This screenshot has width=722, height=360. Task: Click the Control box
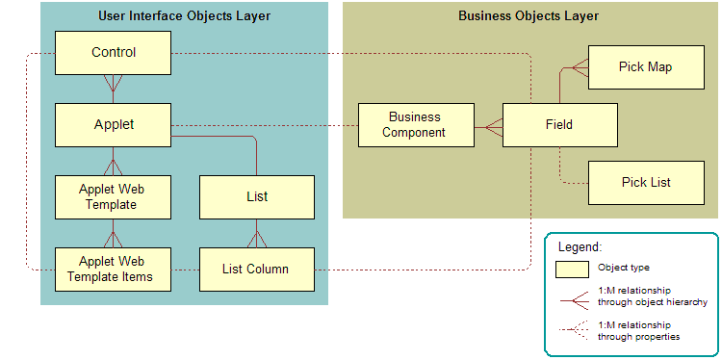click(113, 53)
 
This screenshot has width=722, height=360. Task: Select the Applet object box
click(113, 125)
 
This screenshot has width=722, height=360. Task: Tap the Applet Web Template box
click(113, 197)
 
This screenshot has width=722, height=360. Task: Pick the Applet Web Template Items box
click(113, 270)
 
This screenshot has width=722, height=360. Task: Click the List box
click(256, 197)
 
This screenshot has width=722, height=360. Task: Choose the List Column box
click(256, 270)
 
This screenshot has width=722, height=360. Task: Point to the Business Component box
click(415, 125)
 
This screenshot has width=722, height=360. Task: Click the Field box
click(558, 125)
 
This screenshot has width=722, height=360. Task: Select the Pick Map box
click(645, 67)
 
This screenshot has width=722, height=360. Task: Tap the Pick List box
click(645, 182)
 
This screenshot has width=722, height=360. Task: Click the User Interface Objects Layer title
click(184, 16)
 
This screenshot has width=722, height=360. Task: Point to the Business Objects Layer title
click(528, 16)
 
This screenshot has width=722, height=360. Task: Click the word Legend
click(579, 247)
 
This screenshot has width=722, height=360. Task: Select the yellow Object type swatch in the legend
click(575, 269)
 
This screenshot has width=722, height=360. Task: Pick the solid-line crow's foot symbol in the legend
click(575, 296)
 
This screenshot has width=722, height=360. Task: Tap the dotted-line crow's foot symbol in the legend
click(575, 330)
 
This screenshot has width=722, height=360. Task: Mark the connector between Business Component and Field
click(488, 125)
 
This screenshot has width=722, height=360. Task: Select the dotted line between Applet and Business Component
click(265, 125)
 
